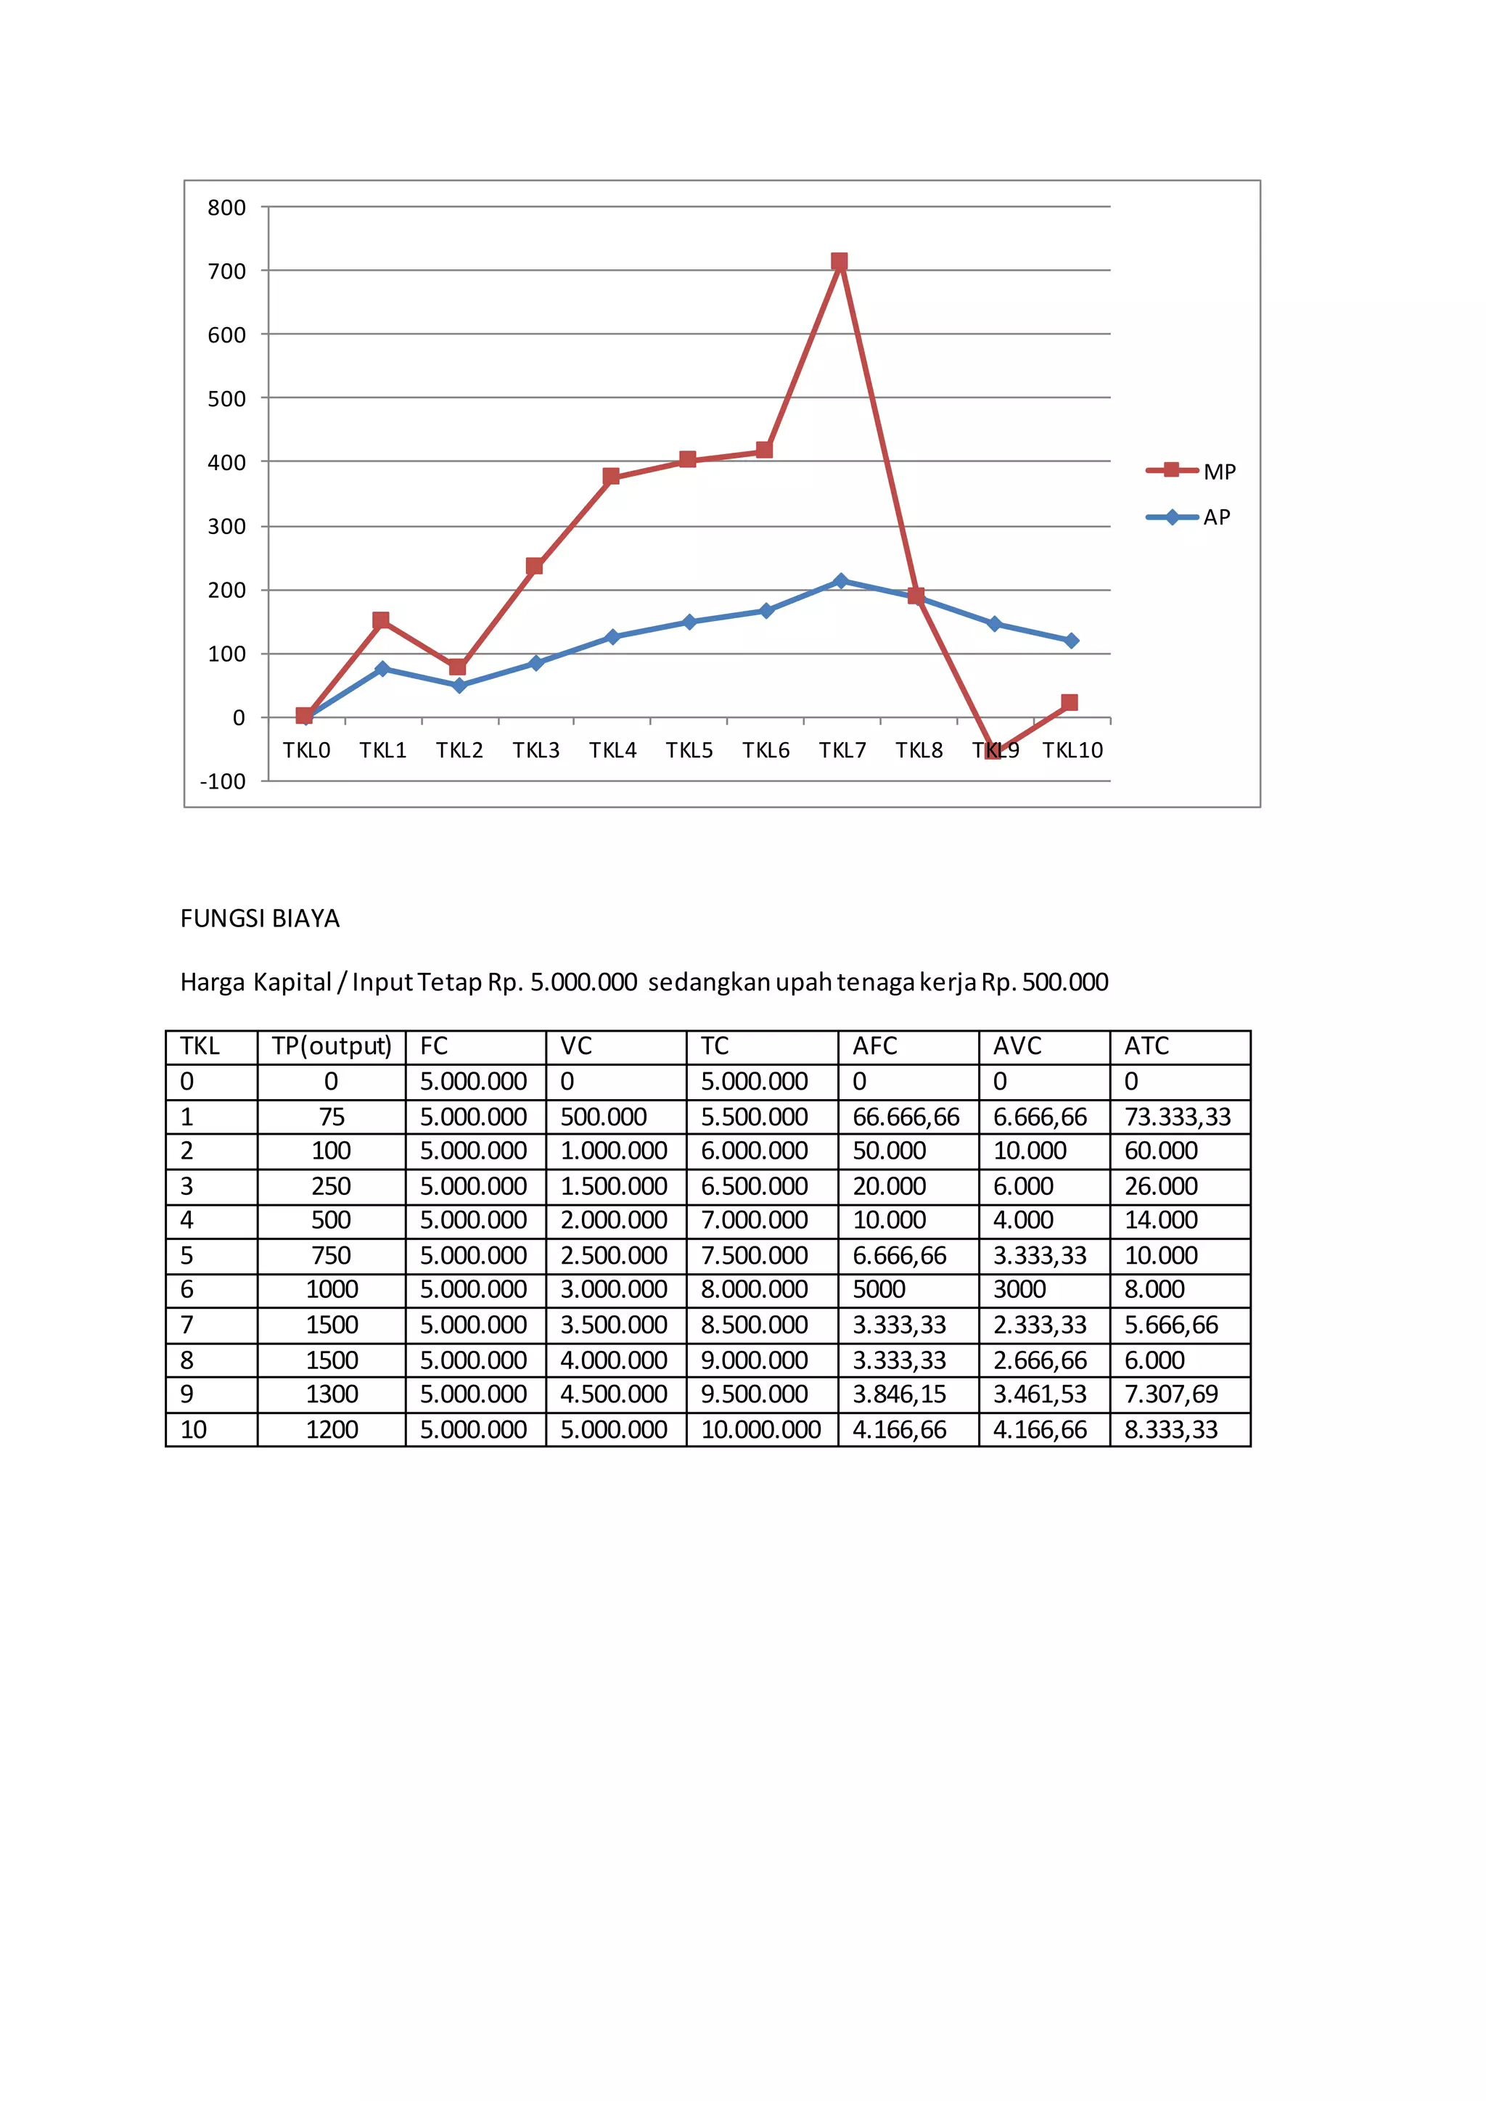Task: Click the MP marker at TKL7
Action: click(839, 262)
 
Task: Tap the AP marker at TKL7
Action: click(841, 581)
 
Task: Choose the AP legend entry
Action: click(1189, 517)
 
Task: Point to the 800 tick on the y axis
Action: click(227, 207)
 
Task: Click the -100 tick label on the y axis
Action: click(223, 781)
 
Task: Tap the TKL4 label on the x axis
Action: click(612, 750)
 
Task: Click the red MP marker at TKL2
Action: click(458, 667)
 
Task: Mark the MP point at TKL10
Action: click(1069, 703)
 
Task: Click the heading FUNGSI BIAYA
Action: click(260, 918)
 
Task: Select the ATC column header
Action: click(1146, 1046)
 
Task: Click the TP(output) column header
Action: click(332, 1046)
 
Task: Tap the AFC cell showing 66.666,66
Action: click(906, 1117)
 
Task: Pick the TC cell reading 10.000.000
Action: click(760, 1429)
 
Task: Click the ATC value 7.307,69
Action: click(1171, 1394)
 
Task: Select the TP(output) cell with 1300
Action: click(332, 1394)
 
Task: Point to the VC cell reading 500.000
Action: click(603, 1117)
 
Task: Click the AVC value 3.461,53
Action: click(1040, 1394)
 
